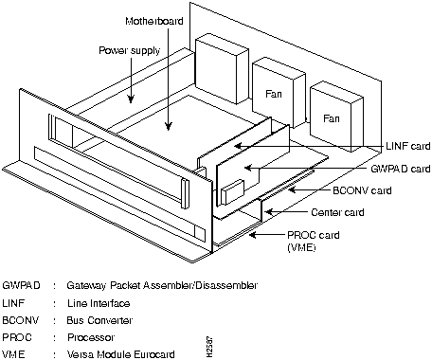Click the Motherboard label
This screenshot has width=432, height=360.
154,21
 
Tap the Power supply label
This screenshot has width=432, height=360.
130,50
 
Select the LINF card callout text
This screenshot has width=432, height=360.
408,146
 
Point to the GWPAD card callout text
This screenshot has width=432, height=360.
401,169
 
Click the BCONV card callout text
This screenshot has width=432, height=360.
362,190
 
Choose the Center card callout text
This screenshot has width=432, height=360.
337,212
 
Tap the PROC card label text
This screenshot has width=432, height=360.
314,235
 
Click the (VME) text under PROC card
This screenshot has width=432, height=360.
301,247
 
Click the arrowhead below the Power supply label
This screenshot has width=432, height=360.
131,99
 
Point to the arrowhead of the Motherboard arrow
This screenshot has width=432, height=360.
169,126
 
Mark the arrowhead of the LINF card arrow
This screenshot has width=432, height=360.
238,146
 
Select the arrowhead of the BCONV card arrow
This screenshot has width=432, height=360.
292,190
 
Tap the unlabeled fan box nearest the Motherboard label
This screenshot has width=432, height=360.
222,68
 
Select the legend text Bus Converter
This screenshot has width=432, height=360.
99,320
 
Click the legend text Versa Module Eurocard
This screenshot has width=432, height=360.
121,354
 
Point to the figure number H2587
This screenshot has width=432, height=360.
209,347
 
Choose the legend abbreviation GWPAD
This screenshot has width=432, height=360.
21,285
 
